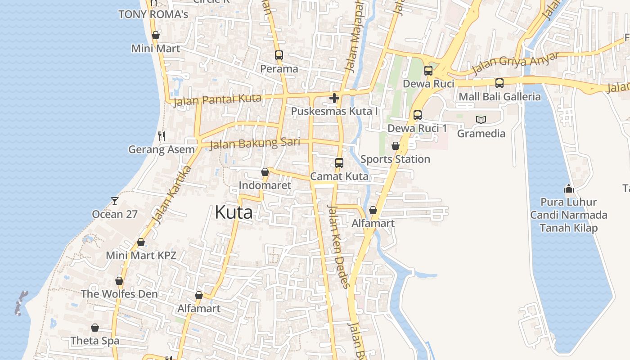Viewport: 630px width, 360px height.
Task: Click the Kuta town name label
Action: click(x=234, y=212)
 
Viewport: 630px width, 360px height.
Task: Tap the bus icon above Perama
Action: click(x=279, y=55)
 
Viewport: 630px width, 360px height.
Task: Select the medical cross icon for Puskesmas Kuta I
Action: click(x=334, y=98)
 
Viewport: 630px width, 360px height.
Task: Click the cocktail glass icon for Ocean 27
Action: click(x=115, y=201)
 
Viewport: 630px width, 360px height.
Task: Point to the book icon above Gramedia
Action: click(x=481, y=120)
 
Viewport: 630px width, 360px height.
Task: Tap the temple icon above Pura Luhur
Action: click(x=569, y=188)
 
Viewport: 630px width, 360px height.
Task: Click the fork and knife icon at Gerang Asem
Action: click(x=162, y=136)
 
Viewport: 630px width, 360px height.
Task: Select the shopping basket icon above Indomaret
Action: click(x=265, y=172)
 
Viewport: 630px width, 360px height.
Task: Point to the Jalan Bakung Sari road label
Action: click(x=255, y=144)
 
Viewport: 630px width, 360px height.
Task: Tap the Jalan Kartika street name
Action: click(x=172, y=194)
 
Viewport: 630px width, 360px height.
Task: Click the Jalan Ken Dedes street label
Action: click(x=338, y=246)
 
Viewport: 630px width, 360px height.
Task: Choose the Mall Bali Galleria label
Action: click(x=499, y=97)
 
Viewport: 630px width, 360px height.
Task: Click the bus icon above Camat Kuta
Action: click(x=339, y=162)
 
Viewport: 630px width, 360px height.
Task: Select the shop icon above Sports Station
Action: click(x=395, y=146)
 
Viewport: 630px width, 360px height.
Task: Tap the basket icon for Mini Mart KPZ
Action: click(x=141, y=242)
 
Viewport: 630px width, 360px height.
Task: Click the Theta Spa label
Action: click(x=95, y=341)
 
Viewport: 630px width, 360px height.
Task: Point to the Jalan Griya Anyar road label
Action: click(x=515, y=64)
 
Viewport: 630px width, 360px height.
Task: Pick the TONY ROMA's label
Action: click(x=153, y=14)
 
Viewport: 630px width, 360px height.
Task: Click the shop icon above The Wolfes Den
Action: click(x=119, y=281)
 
